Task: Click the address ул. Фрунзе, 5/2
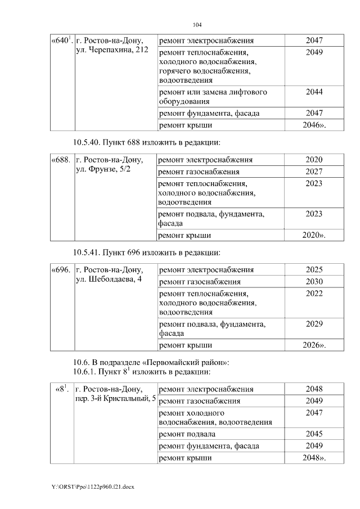tap(103, 170)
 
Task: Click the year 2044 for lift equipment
tap(314, 91)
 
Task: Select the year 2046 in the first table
tap(313, 125)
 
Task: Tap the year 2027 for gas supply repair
tap(314, 172)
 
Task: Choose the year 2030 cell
tap(314, 281)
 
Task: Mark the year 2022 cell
tap(314, 293)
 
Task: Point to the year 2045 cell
tap(314, 434)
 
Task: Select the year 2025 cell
tap(314, 269)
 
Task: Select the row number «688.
tap(61, 160)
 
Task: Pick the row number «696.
tap(61, 269)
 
